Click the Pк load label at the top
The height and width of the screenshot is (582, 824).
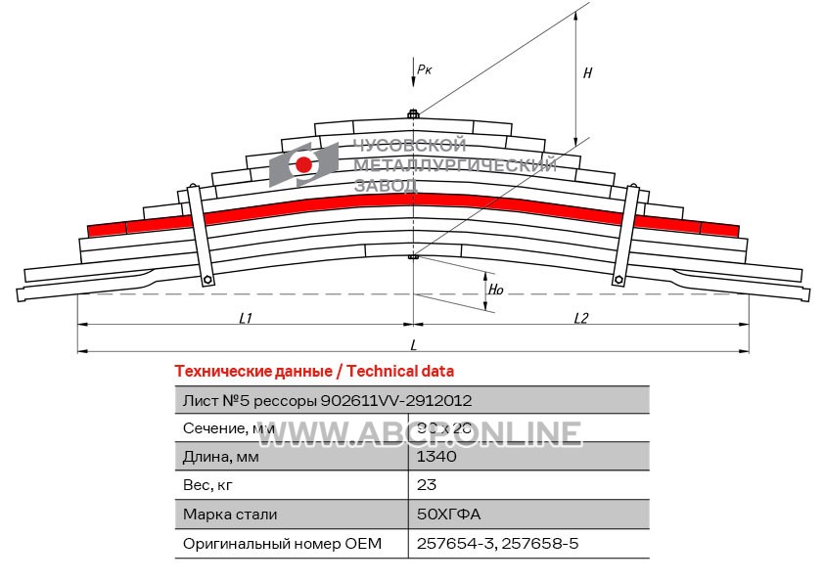tap(424, 69)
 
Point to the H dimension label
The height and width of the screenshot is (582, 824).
tap(587, 72)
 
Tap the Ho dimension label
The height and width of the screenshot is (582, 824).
tap(496, 291)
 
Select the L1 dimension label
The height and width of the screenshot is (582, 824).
tap(246, 318)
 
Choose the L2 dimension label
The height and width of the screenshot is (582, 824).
tap(580, 318)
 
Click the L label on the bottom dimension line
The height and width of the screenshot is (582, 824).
tap(414, 344)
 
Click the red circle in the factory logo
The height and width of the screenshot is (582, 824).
tap(304, 164)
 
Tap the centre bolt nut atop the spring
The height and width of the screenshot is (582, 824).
tap(413, 115)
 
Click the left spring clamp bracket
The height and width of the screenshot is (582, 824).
tap(200, 235)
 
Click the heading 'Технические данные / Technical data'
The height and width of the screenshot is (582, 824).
tap(313, 372)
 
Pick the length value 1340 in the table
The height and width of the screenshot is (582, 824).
tap(436, 456)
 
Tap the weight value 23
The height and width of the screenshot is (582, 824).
tap(427, 484)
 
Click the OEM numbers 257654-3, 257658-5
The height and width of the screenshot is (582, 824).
tap(498, 543)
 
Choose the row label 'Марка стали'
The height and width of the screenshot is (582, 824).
tap(230, 514)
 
